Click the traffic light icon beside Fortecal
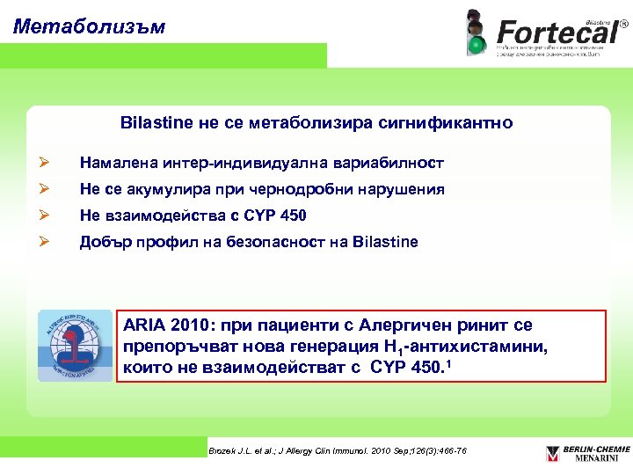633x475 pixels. pyautogui.click(x=477, y=33)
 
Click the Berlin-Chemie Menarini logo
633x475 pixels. pyautogui.click(x=588, y=453)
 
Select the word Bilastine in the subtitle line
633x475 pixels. pyautogui.click(x=157, y=124)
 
